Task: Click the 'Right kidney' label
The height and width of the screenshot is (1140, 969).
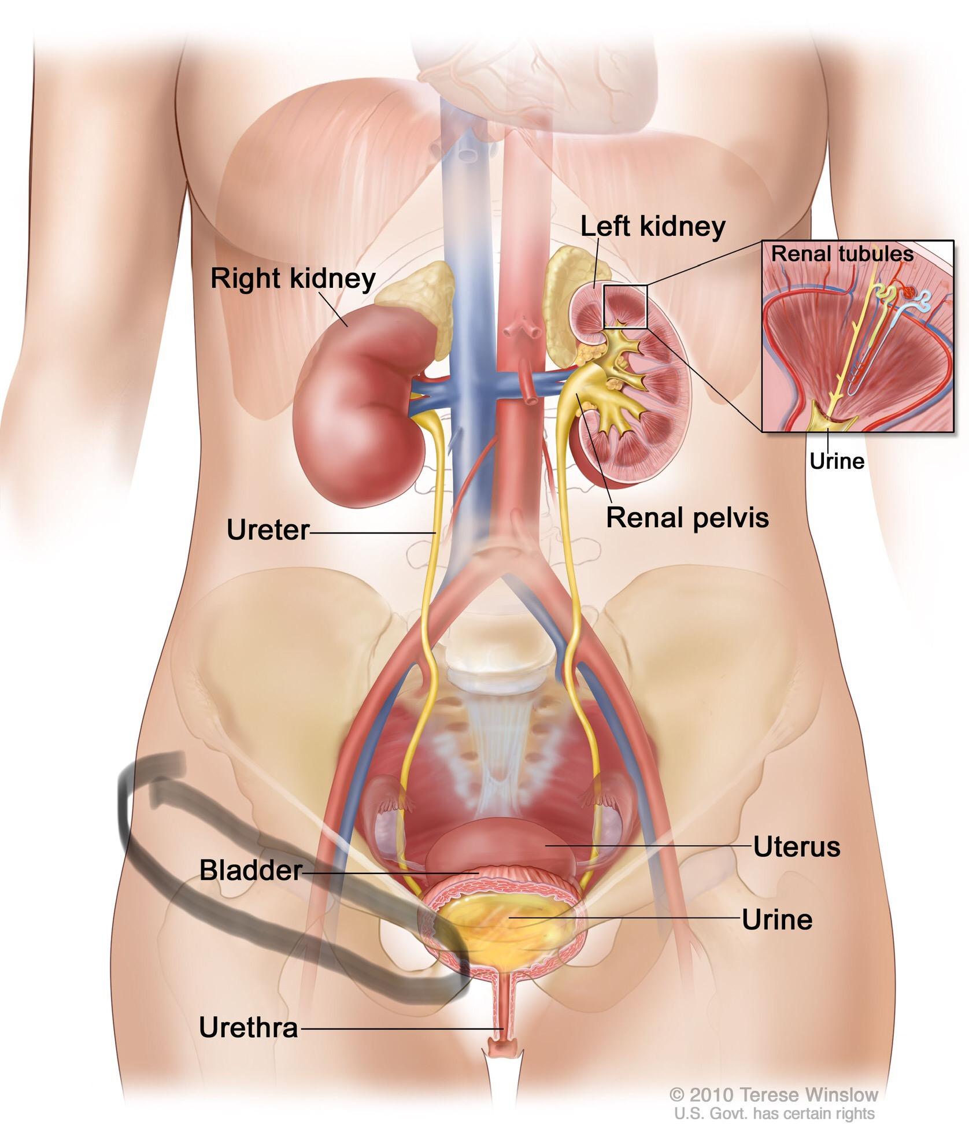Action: (x=293, y=279)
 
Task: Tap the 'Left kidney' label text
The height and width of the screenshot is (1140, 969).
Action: (x=652, y=227)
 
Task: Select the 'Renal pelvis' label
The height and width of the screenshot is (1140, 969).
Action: (x=687, y=518)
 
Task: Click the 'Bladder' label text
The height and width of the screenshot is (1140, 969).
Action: (x=250, y=871)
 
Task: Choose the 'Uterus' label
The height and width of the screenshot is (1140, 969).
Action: (x=796, y=847)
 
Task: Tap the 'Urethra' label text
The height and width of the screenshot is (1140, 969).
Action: (x=249, y=1028)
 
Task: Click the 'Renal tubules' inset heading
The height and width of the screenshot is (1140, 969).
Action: (x=842, y=254)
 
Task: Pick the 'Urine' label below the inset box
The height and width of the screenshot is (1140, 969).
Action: (x=837, y=461)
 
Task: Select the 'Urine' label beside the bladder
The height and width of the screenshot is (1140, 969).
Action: (x=776, y=920)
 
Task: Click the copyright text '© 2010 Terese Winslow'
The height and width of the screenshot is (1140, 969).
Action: (x=774, y=1095)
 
